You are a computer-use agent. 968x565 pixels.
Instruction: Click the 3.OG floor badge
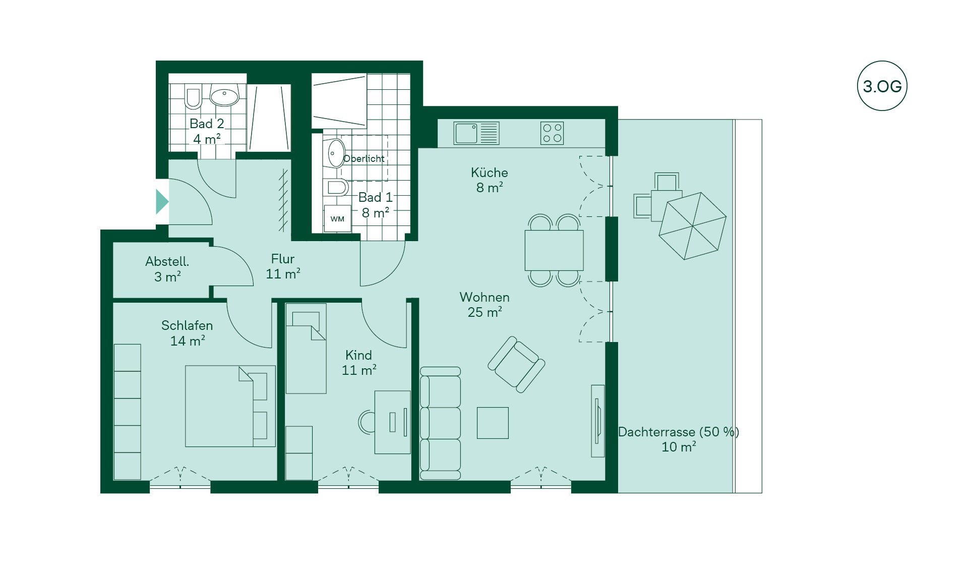tap(882, 86)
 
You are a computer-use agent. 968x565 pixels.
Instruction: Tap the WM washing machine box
tap(337, 219)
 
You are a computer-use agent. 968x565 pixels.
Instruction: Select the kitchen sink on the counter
tap(476, 133)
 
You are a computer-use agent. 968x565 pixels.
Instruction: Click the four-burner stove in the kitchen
tap(552, 133)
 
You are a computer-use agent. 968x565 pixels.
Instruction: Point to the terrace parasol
tap(692, 226)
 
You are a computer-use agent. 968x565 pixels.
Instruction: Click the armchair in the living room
tap(516, 364)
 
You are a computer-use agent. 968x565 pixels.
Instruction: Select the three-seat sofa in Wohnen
tap(440, 423)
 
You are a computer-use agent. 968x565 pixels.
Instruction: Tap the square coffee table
tap(493, 423)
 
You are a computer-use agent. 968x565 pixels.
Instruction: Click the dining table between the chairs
tap(554, 250)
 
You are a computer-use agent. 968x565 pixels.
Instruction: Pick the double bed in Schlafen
tap(230, 406)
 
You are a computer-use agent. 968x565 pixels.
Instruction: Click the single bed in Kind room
tap(306, 348)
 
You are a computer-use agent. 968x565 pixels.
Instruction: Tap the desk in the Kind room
tap(392, 422)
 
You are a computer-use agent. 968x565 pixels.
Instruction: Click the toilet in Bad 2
tap(193, 98)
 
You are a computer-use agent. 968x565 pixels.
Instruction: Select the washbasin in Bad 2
tap(224, 96)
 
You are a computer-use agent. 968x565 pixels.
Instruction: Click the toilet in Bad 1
tap(337, 188)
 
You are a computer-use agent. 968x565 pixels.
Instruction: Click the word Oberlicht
tap(364, 158)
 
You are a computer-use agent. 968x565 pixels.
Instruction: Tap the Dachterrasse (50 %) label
tap(679, 432)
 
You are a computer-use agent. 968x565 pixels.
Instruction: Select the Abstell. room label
tap(167, 261)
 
